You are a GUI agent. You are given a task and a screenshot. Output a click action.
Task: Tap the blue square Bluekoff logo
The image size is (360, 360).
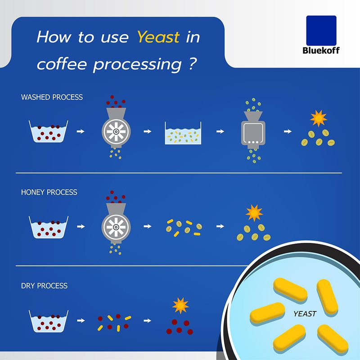[321, 30]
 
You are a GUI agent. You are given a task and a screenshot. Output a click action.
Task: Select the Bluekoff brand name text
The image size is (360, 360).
[321, 50]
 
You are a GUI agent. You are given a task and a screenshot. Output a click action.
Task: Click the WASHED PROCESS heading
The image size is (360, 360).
[52, 97]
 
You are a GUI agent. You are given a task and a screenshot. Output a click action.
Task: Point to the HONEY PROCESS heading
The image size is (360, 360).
[49, 192]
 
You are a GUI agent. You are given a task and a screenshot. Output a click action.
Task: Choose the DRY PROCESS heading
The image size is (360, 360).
[44, 286]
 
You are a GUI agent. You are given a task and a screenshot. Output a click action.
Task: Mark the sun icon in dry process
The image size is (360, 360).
[180, 306]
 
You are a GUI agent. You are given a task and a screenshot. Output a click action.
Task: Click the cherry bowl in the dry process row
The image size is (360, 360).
[48, 320]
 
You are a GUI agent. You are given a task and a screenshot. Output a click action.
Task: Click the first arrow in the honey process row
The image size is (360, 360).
[81, 226]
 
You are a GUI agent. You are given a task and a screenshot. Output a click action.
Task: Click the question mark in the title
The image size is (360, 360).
[191, 64]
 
